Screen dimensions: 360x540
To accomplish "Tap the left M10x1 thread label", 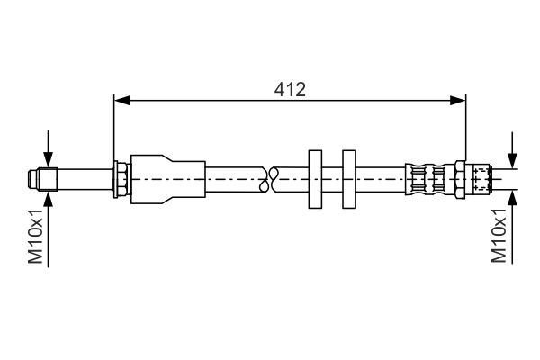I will click(x=35, y=237).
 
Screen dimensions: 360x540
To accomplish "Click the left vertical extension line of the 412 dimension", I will click(x=113, y=126).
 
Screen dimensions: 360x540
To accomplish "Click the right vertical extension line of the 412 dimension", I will click(x=466, y=126).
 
